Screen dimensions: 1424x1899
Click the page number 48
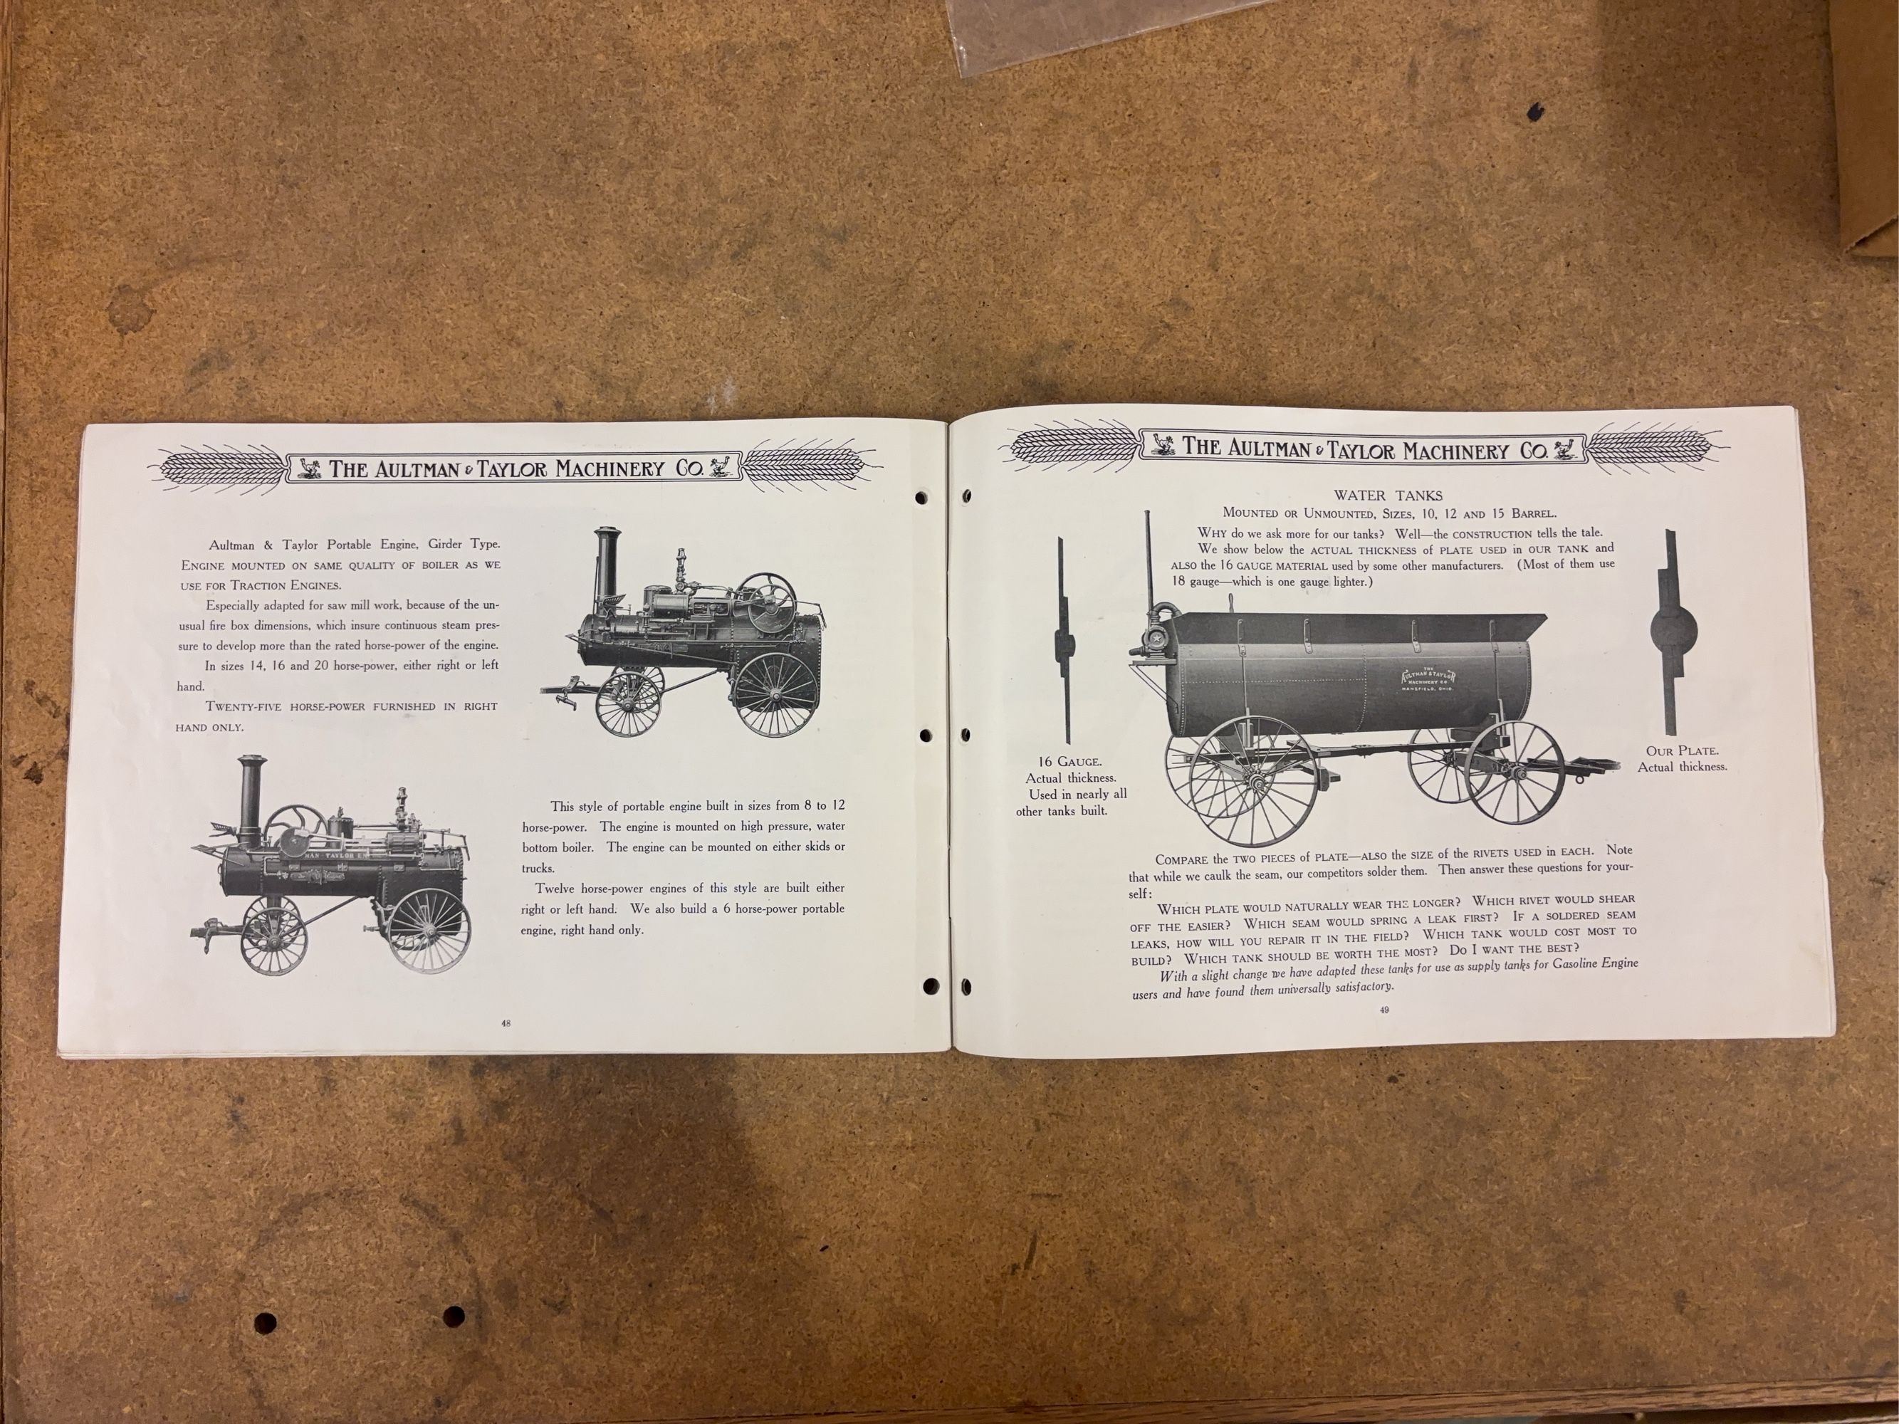coord(506,1023)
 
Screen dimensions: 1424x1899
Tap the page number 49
coord(1384,1010)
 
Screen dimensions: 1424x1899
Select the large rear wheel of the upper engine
coord(775,694)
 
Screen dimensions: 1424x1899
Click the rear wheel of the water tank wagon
coord(1515,773)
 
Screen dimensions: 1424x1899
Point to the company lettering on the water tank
coord(1426,678)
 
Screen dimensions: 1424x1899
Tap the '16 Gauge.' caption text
coord(1069,761)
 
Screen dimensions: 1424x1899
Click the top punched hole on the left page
coord(923,498)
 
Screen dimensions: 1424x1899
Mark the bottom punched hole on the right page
coord(966,985)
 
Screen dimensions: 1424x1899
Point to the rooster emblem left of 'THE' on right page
coord(1163,444)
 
